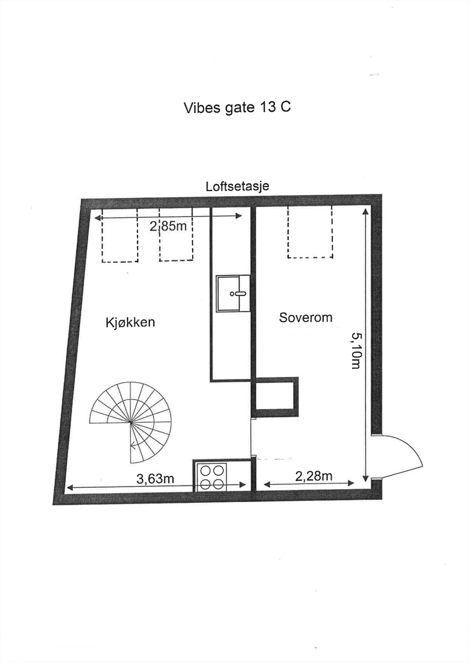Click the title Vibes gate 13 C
click(x=237, y=107)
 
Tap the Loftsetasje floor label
click(x=237, y=186)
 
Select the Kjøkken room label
click(x=130, y=322)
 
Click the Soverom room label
click(x=306, y=317)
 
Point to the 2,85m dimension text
click(x=168, y=226)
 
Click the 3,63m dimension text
click(x=155, y=479)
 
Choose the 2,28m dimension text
click(x=313, y=476)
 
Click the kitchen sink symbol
click(x=233, y=293)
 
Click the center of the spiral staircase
click(x=131, y=422)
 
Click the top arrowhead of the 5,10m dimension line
click(x=365, y=211)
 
